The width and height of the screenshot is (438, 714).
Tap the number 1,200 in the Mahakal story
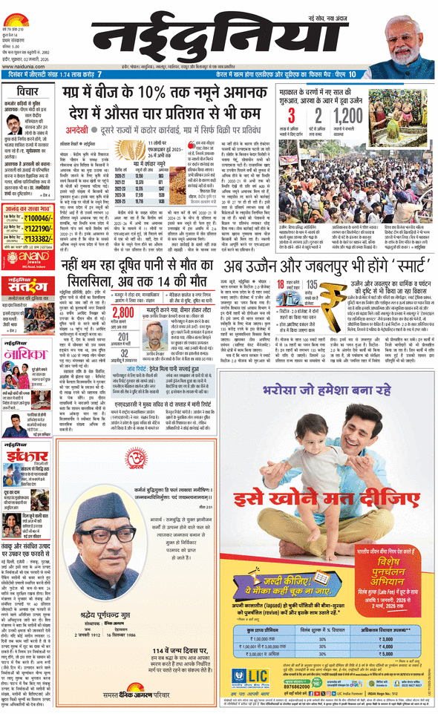pyautogui.click(x=347, y=116)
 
